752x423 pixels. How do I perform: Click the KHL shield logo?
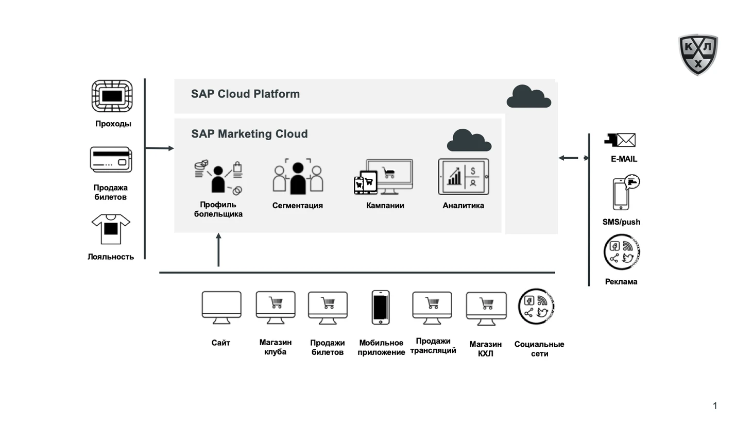pyautogui.click(x=698, y=55)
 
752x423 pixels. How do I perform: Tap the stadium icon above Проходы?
pyautogui.click(x=112, y=96)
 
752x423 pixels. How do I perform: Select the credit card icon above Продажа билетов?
pyautogui.click(x=111, y=160)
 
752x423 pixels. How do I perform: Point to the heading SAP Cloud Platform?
pyautogui.click(x=245, y=94)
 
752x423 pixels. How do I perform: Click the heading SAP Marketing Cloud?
pyautogui.click(x=249, y=134)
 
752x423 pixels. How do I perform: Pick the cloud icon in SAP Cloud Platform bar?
pyautogui.click(x=528, y=96)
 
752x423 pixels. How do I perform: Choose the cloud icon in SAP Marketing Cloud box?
pyautogui.click(x=469, y=140)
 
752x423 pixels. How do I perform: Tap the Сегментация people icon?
pyautogui.click(x=298, y=177)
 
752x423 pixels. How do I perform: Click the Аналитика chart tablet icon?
pyautogui.click(x=464, y=177)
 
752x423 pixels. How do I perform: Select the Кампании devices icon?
pyautogui.click(x=384, y=177)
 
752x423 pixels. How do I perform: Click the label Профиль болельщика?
pyautogui.click(x=218, y=209)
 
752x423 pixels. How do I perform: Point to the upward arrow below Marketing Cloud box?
pyautogui.click(x=218, y=249)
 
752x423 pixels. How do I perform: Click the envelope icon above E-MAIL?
pyautogui.click(x=620, y=140)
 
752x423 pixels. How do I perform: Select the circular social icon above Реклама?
pyautogui.click(x=621, y=252)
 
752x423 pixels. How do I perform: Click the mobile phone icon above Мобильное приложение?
pyautogui.click(x=381, y=308)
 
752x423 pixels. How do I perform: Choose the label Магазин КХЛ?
pyautogui.click(x=485, y=349)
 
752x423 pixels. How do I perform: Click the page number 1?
pyautogui.click(x=715, y=406)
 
